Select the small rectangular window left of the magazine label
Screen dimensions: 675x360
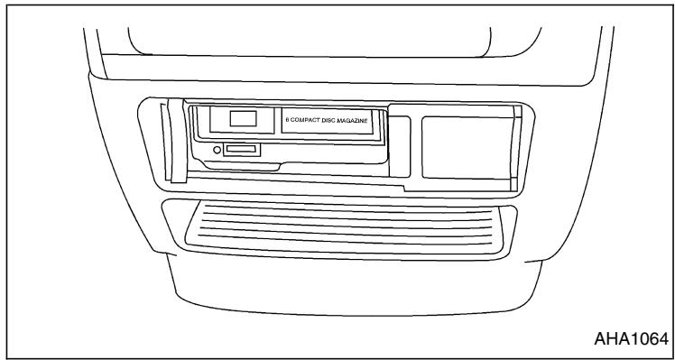point(241,118)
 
